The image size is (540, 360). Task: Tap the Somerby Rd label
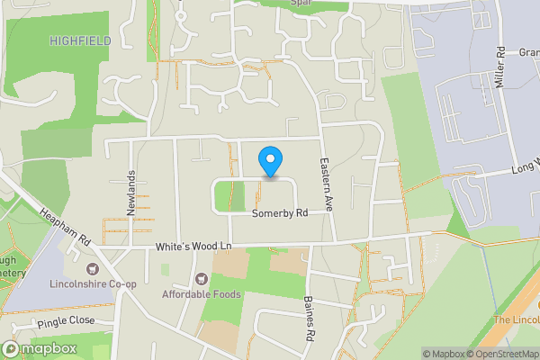tap(279, 213)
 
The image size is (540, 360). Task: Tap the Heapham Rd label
tap(67, 229)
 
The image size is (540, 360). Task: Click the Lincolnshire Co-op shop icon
tap(91, 269)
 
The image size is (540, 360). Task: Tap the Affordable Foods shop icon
tap(200, 279)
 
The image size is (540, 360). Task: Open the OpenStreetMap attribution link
tap(500, 354)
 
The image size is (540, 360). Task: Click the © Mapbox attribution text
tap(441, 354)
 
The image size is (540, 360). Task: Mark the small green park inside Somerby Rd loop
tap(230, 195)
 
